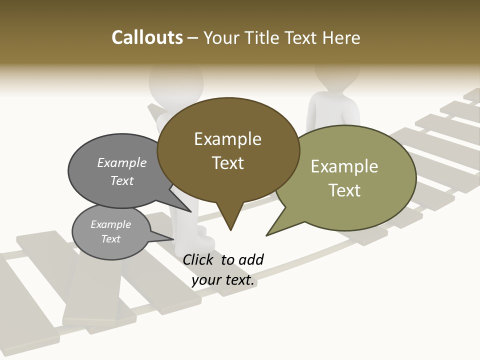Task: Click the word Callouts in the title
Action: click(147, 37)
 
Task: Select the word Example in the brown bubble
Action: click(227, 139)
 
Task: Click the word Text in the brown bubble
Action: click(227, 163)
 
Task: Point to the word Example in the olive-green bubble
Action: click(344, 166)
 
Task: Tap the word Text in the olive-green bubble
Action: click(344, 190)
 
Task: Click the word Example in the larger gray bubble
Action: click(122, 163)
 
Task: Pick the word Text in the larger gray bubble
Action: click(122, 181)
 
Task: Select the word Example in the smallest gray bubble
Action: click(111, 224)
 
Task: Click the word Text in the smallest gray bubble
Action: click(111, 239)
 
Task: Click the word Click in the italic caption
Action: click(199, 259)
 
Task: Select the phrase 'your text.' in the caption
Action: click(223, 280)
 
